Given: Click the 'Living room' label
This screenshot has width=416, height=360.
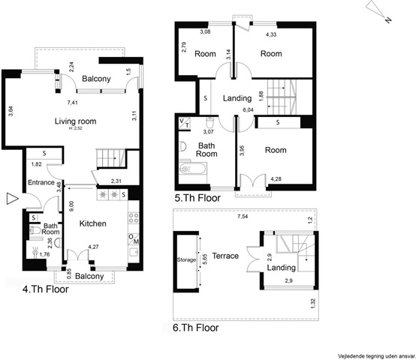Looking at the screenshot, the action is pos(75,121).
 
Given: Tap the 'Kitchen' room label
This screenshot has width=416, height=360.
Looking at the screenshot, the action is pos(93,223).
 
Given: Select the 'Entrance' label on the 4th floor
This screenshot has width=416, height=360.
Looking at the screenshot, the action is pos(41,182).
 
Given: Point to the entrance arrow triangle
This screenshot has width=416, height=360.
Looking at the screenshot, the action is pos(12,199).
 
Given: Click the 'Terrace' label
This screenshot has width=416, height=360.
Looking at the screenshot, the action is pos(225,256).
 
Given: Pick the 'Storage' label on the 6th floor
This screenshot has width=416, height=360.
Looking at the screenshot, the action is pos(186,259).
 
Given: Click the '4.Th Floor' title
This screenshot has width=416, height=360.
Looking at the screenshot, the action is pos(45,289).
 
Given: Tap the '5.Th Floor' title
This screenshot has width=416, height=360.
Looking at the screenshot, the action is pos(197,198).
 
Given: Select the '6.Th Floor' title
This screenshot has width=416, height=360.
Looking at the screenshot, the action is pos(196,328).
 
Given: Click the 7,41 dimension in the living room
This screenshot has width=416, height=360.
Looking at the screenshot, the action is pos(72,103).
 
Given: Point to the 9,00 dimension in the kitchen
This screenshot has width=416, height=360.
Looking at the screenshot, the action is pos(71,206).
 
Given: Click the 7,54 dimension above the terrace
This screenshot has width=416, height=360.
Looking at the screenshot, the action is pos(243,217).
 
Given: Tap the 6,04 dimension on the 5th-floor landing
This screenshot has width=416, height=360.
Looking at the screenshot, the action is pos(249,110).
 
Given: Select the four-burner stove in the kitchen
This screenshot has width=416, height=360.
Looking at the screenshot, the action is pos(134,218).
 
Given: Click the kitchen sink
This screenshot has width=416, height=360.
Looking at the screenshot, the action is pos(134,252).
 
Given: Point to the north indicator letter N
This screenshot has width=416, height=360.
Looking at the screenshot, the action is pos(388,19).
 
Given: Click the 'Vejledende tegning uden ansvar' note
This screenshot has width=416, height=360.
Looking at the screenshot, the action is pos(377,356).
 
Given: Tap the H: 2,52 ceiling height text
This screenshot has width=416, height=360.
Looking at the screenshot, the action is pos(75,128).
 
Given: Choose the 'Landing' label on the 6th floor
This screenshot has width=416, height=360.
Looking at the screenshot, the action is pos(282,268).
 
